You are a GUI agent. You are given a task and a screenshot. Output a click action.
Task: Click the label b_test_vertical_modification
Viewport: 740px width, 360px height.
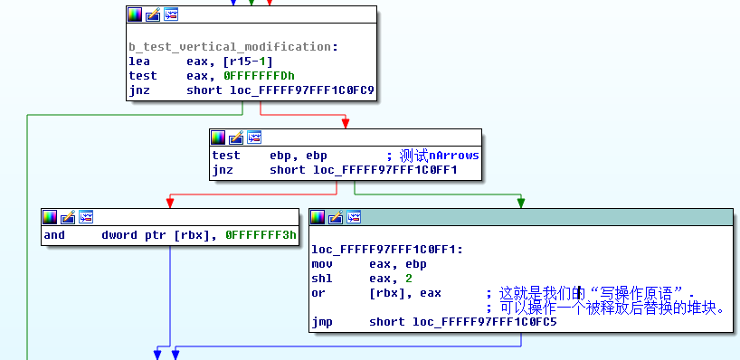point(230,47)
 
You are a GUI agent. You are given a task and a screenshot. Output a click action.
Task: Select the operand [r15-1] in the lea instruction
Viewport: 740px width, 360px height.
point(230,62)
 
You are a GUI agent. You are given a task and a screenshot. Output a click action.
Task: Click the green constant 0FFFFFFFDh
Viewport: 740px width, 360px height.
point(259,76)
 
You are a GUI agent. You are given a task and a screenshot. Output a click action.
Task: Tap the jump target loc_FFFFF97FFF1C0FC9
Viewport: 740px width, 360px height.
point(302,90)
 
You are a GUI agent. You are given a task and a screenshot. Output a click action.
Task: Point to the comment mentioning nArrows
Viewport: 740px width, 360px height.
point(432,156)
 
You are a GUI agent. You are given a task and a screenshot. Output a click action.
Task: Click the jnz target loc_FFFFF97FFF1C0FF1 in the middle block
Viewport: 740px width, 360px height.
point(385,170)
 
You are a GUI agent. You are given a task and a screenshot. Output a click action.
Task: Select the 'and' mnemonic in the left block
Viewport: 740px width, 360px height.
point(54,235)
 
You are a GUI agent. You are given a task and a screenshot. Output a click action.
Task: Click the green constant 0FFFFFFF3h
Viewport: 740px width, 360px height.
point(261,235)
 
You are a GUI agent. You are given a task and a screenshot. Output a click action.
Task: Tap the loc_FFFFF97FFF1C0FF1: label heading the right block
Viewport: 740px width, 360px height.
point(387,250)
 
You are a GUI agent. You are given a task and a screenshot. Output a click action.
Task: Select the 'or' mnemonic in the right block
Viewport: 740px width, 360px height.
point(318,293)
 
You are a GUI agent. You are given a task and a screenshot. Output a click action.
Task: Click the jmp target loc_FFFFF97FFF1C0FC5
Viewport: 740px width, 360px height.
point(485,322)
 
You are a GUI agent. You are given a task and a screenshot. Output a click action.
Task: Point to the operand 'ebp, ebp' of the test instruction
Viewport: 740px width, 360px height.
point(299,156)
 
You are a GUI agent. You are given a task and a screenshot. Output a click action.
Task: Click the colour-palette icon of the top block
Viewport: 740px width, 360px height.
point(135,14)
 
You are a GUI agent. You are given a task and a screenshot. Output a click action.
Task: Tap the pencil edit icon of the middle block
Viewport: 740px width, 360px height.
point(235,137)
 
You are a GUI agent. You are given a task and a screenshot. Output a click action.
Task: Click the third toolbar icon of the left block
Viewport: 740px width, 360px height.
point(86,217)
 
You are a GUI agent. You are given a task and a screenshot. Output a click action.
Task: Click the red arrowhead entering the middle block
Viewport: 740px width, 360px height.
point(345,123)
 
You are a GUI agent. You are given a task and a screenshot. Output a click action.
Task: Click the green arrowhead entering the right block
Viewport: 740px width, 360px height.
point(521,203)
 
